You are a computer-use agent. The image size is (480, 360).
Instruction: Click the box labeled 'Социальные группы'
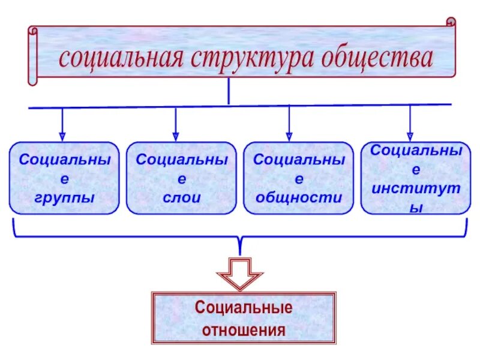[64, 178]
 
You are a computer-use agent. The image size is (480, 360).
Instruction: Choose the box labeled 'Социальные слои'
[181, 178]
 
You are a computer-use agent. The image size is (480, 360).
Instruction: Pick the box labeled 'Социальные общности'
[298, 178]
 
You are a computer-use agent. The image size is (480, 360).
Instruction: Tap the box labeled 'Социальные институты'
[416, 178]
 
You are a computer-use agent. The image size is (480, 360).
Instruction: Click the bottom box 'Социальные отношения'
[244, 318]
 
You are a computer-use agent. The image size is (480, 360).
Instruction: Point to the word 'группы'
[64, 197]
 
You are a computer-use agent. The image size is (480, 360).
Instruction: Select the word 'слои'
[181, 197]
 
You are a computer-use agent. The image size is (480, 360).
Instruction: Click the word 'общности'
[298, 197]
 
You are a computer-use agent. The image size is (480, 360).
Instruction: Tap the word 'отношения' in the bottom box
[244, 329]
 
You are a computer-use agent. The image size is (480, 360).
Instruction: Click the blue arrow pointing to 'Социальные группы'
[62, 124]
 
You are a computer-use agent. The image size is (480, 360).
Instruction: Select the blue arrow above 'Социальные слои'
[175, 124]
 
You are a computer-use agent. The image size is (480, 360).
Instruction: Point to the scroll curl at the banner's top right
[450, 22]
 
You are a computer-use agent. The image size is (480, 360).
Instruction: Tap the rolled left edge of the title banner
[32, 54]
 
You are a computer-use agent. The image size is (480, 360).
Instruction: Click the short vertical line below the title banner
[229, 92]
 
